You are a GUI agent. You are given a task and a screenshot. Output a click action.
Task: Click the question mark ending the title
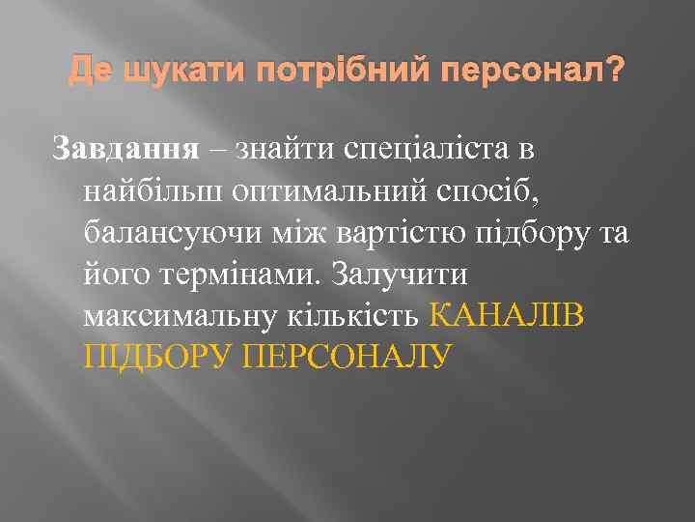616,72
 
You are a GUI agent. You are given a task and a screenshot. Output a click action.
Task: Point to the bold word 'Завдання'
125,150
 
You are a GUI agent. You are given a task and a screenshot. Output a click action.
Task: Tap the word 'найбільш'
153,191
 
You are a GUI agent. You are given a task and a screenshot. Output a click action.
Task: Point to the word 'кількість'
359,316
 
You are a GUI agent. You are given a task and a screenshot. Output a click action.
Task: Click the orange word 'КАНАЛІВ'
505,316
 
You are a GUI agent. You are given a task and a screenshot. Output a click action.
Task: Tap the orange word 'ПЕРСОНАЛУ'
347,358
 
